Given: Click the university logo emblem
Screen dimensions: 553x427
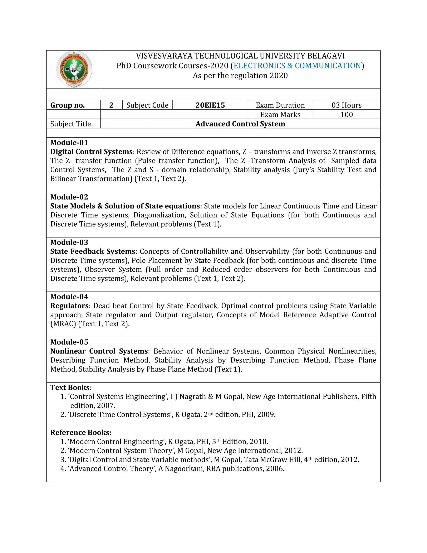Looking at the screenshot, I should point(74,69).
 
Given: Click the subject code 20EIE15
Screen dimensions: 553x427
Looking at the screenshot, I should point(210,105).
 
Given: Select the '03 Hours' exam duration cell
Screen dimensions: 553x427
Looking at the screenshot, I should point(346,105).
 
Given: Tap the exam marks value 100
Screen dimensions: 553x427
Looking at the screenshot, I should point(346,114).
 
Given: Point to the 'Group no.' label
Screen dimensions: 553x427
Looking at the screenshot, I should point(68,105).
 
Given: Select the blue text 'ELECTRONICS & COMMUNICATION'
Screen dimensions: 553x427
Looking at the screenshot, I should point(297,66).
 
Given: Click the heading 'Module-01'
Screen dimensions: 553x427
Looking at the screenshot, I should point(69,143).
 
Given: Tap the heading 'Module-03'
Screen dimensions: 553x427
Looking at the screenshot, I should point(69,242).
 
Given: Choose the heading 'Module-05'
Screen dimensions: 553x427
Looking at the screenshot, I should point(69,342).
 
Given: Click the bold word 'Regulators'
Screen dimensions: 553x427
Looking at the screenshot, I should point(69,306).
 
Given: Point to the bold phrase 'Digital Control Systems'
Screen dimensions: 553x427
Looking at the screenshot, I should point(91,152).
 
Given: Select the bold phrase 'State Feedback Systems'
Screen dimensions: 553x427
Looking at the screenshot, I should point(93,251).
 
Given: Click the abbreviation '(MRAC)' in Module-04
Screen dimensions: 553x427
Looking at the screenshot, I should point(63,324).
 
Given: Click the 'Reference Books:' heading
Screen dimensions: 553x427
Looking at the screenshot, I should point(81,432).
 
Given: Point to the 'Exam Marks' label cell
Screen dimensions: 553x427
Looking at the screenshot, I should point(280,114).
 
